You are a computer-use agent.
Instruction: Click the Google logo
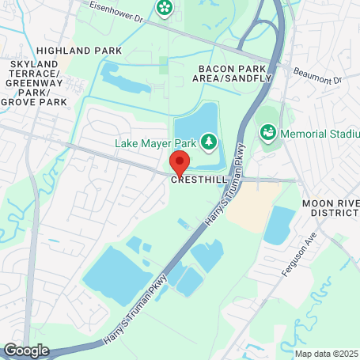pyautogui.click(x=26, y=350)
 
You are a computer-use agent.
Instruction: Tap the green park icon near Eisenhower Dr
pyautogui.click(x=165, y=8)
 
